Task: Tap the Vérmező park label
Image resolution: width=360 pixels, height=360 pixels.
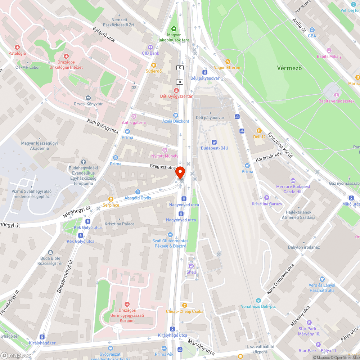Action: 289,68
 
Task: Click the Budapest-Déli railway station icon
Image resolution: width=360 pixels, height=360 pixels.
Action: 214,142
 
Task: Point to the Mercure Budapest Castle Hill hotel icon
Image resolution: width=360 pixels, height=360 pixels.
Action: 293,181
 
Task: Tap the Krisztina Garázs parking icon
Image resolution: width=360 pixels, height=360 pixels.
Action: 267,197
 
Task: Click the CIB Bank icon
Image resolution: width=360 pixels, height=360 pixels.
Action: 150,47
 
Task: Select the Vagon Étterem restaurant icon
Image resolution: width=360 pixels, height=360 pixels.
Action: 228,61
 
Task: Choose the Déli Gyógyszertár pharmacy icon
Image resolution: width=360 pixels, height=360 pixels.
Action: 176,90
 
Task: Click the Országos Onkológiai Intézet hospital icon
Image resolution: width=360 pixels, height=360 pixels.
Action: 66,56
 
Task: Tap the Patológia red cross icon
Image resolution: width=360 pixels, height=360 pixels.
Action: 17,47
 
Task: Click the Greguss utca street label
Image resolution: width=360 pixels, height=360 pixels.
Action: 163,167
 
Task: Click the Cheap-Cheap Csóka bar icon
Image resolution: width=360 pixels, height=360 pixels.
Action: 185,305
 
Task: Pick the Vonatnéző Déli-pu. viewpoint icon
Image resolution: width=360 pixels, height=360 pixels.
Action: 258,300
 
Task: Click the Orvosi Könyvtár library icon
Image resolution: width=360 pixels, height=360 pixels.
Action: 88,98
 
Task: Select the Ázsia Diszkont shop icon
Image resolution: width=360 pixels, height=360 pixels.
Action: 175,115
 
